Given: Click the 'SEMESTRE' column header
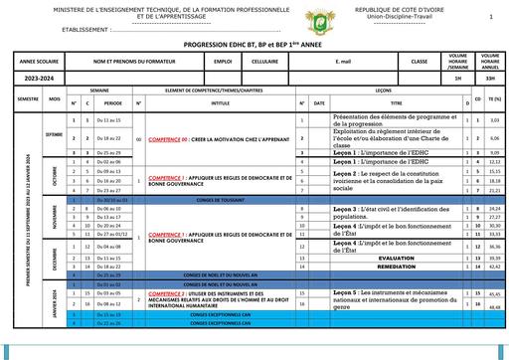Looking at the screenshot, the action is [27, 99].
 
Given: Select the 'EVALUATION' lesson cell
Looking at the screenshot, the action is [396, 258].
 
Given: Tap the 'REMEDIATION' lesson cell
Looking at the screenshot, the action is [396, 267].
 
